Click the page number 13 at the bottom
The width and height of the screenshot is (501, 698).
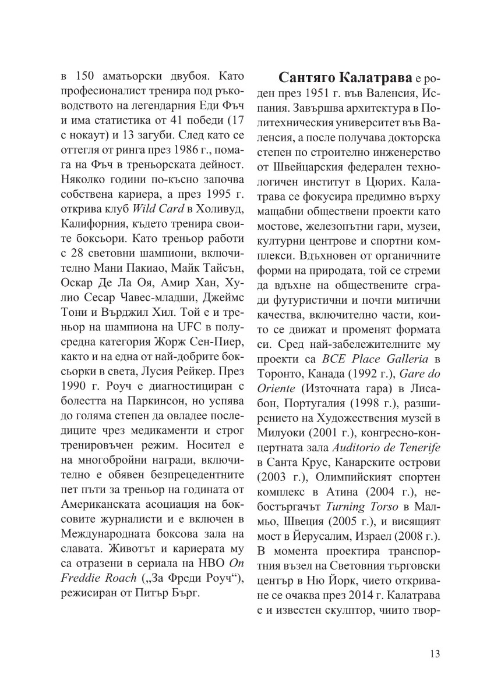[x=435, y=653]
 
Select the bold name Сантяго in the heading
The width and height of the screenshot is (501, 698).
[x=308, y=77]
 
